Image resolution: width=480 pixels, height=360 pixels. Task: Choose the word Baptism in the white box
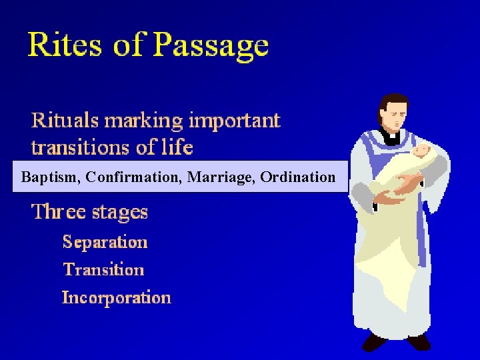coord(50,177)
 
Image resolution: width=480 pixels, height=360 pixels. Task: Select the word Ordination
coord(298,177)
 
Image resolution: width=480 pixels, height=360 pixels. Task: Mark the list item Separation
coord(105,241)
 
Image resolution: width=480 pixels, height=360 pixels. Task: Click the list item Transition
coord(103,269)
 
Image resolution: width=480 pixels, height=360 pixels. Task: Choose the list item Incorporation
coord(116,297)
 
